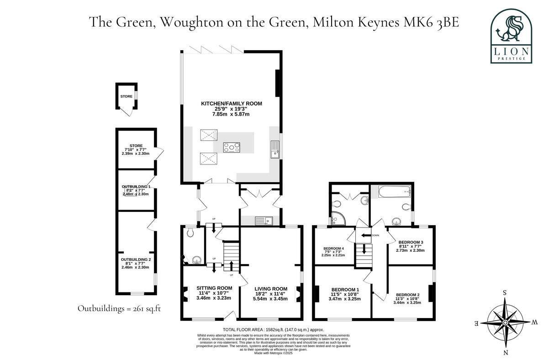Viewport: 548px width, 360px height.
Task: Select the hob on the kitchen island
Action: coord(231,147)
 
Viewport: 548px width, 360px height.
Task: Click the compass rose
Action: coord(505,323)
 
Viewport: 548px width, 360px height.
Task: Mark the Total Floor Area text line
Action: coord(273,329)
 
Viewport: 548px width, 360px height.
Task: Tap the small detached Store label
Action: coord(126,96)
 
